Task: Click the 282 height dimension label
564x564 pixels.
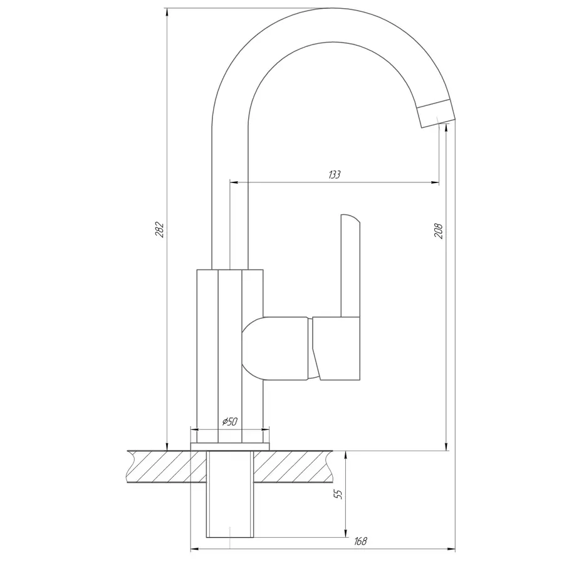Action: [x=160, y=230]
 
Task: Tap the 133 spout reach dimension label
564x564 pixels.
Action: [x=335, y=174]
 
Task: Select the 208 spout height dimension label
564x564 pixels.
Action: [x=439, y=231]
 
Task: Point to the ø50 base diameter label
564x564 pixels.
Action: [x=230, y=421]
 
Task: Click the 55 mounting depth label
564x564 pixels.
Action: [x=338, y=494]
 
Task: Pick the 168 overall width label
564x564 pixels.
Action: [x=360, y=541]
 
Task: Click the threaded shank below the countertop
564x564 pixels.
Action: [x=230, y=494]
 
